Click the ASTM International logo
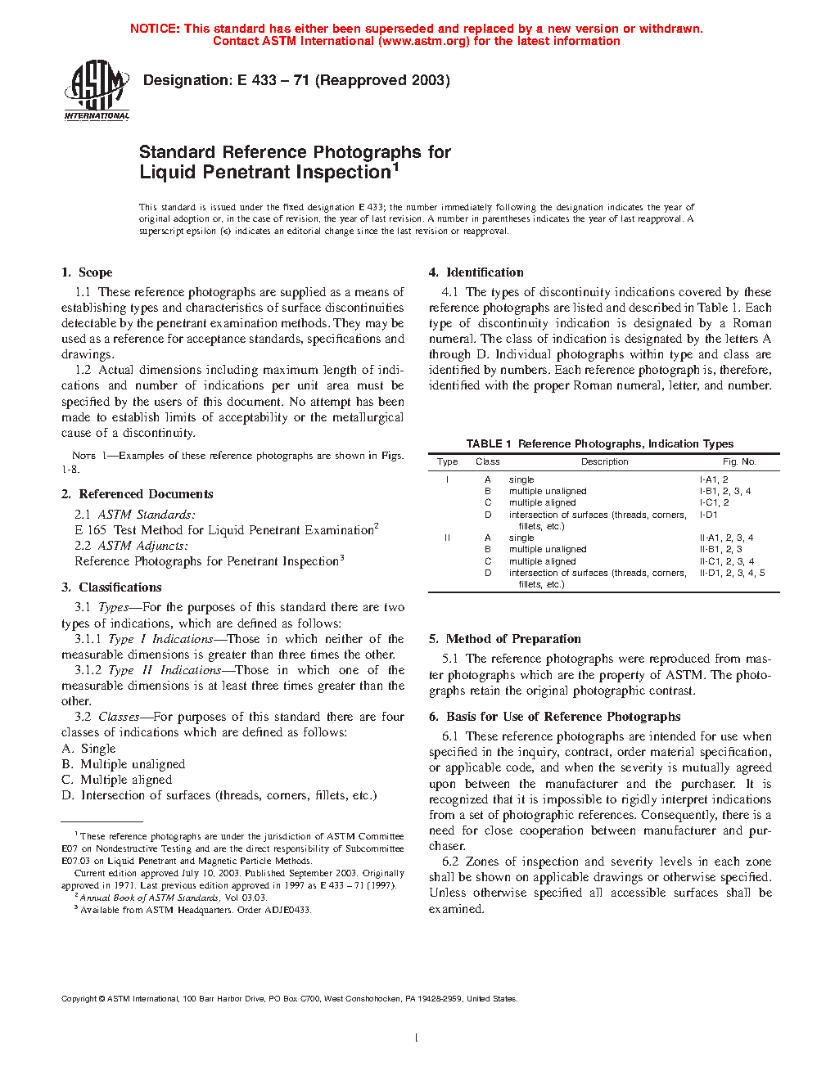[x=97, y=91]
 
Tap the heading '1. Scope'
[x=87, y=272]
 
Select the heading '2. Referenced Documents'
[x=137, y=494]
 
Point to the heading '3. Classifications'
[x=111, y=587]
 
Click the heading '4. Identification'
[x=476, y=272]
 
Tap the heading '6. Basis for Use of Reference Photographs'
[x=555, y=717]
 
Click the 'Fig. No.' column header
[x=739, y=461]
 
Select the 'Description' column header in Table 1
[x=604, y=461]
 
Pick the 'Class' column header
[x=488, y=461]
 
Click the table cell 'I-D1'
[x=708, y=515]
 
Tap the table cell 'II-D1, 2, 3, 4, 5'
[x=732, y=573]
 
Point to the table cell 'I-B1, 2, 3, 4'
[x=724, y=491]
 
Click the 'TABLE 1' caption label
[x=489, y=443]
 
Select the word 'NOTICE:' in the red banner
[x=155, y=29]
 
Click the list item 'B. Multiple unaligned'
[x=124, y=764]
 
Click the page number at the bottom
[x=417, y=1038]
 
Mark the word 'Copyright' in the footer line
[x=79, y=998]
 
